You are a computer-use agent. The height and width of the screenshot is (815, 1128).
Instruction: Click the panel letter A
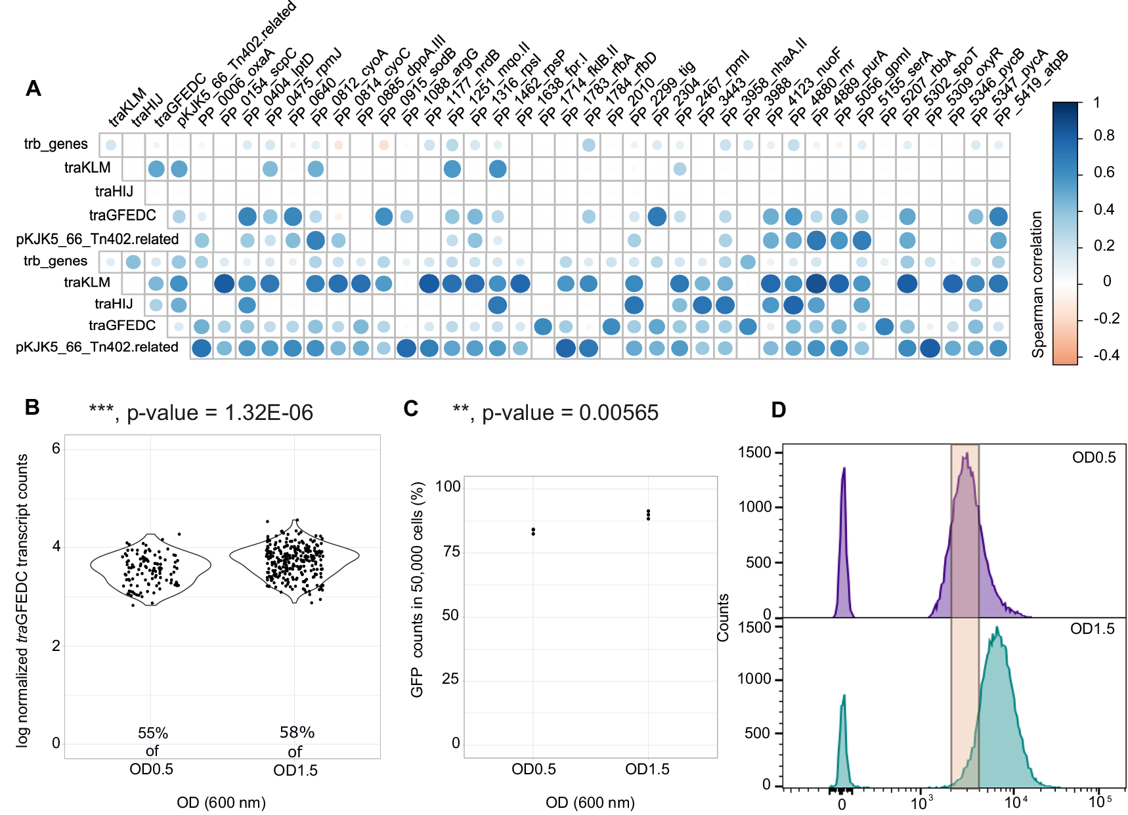tap(33, 89)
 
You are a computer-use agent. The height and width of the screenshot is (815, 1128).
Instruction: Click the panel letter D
tap(778, 410)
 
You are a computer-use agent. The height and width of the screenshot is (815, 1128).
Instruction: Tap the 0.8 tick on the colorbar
tap(1104, 136)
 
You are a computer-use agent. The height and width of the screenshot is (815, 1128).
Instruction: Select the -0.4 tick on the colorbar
tap(1106, 356)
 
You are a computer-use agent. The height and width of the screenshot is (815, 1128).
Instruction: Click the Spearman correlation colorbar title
tap(1037, 284)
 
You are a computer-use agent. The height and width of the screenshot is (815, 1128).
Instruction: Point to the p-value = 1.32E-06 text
tap(220, 413)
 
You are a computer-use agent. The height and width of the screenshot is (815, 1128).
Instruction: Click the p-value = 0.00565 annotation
tap(570, 413)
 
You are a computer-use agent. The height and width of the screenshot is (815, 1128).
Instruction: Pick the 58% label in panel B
tap(297, 732)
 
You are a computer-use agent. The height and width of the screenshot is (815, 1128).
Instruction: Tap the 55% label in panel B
tap(152, 733)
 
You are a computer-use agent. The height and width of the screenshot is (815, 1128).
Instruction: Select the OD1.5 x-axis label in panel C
tap(647, 770)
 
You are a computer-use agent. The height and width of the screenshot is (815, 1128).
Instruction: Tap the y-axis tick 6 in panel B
tap(56, 449)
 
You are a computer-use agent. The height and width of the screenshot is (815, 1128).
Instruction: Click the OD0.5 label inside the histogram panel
tap(1093, 457)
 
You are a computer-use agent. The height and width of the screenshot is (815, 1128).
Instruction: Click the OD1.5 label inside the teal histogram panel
tap(1092, 629)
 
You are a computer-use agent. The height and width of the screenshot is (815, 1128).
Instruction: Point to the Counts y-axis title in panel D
tap(723, 617)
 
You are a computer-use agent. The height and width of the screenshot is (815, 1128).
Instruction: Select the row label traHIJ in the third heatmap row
tap(114, 192)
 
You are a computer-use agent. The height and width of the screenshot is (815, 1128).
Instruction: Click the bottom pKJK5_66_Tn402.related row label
tap(97, 347)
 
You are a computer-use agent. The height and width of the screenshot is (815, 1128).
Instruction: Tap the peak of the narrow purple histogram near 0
tap(844, 469)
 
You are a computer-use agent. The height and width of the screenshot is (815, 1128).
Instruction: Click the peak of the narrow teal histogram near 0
tap(844, 696)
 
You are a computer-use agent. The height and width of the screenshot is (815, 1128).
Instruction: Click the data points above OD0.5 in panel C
tap(533, 531)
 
